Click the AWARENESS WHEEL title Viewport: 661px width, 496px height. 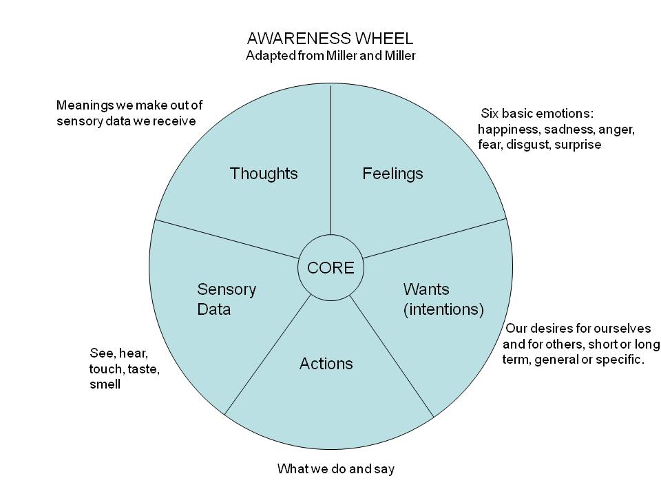[x=330, y=39]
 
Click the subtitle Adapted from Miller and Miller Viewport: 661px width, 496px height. [x=330, y=56]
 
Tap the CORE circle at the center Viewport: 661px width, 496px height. [x=330, y=268]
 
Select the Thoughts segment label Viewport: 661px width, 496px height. [x=264, y=174]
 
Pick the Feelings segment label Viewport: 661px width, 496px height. [x=392, y=174]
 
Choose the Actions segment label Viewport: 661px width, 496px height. [x=326, y=363]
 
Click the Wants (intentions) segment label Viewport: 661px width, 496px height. [x=443, y=299]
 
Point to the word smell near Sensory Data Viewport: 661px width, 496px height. [x=105, y=384]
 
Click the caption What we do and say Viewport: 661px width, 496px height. [x=335, y=469]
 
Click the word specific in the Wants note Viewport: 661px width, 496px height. [x=621, y=359]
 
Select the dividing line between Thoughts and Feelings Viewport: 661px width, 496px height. [x=331, y=165]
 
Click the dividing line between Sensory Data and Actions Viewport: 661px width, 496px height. [x=269, y=354]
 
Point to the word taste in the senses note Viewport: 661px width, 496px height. [x=143, y=369]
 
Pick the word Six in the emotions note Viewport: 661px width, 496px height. [x=489, y=113]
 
